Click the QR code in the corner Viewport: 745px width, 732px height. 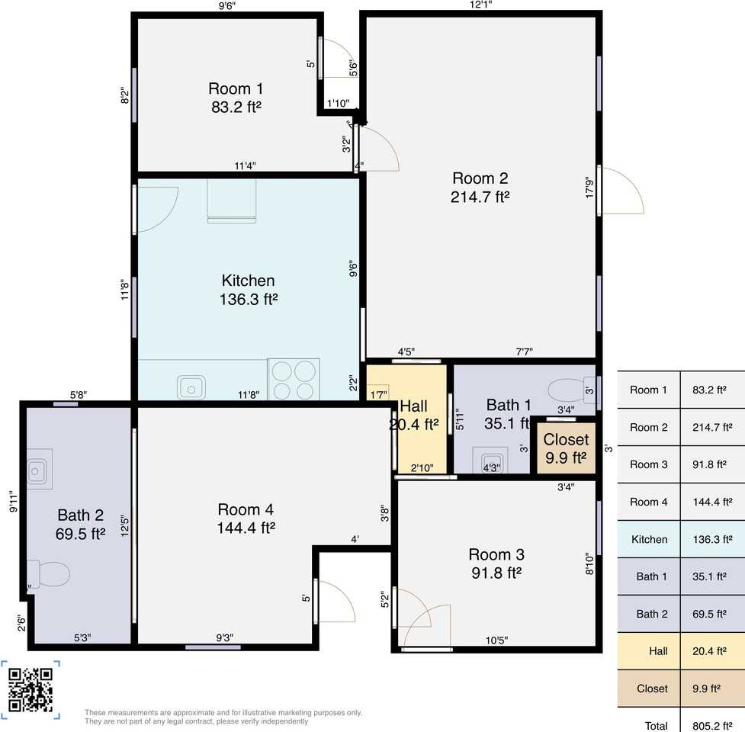31,689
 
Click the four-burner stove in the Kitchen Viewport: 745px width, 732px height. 294,380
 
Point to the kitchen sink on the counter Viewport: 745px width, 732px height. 191,387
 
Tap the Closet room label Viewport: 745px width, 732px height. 566,440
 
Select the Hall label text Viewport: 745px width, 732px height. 413,406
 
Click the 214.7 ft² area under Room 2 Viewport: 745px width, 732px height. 480,197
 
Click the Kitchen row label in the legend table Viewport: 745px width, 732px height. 649,539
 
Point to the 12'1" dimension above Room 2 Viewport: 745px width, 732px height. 480,5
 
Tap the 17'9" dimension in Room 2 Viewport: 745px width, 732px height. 589,188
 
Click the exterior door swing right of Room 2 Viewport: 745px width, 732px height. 624,190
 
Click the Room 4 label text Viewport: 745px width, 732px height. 246,509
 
